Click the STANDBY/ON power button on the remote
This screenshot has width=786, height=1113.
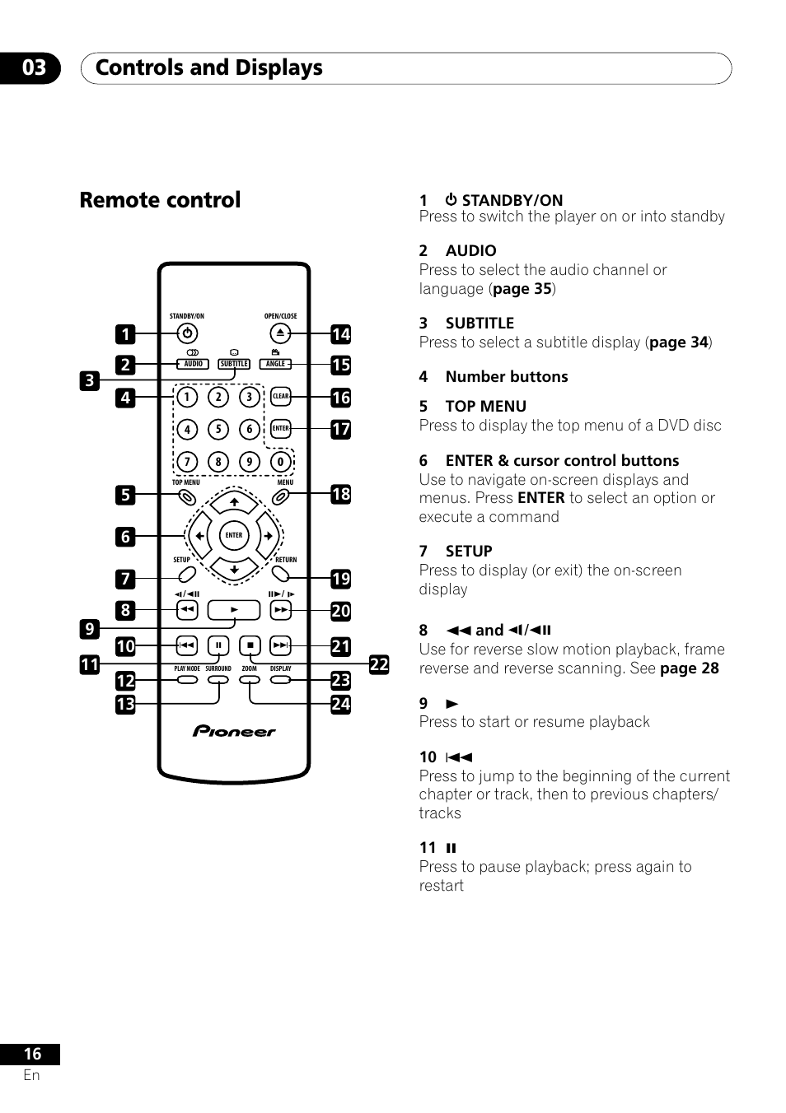187,333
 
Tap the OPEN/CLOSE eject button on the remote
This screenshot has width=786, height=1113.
280,333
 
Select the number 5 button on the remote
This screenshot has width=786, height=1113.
218,429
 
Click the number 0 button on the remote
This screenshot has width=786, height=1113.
280,462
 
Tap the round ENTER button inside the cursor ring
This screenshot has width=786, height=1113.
234,535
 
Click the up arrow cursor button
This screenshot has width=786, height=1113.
234,502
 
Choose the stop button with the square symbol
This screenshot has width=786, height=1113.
250,645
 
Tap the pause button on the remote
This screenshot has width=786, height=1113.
218,645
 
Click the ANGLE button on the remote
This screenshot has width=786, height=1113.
275,364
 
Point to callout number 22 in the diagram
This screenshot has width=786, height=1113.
379,664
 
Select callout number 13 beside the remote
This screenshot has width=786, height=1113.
125,704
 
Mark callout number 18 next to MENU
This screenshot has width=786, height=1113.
341,495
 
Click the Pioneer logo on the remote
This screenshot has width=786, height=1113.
234,731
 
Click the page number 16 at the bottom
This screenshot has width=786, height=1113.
33,1054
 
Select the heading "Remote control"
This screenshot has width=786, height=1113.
160,200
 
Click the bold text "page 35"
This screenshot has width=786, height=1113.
522,289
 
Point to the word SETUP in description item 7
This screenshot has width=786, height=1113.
469,551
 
